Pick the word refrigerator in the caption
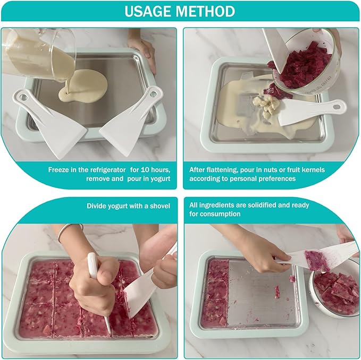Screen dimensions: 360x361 pos(98,169)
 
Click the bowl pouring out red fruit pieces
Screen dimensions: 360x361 pos(303,61)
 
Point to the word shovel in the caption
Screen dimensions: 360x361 pos(159,205)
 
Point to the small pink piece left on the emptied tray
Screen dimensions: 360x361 pos(276,292)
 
